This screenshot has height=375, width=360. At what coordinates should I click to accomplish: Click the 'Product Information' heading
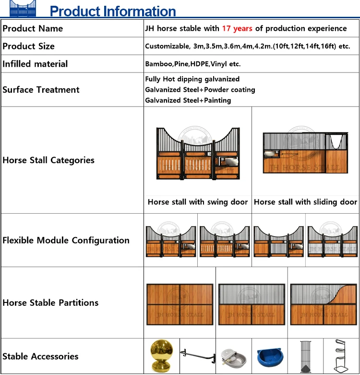[113, 11]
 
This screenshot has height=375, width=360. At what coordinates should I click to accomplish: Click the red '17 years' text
[237, 29]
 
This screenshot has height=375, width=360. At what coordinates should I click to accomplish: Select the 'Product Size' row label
[29, 47]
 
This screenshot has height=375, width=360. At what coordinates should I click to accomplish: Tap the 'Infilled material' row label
[35, 64]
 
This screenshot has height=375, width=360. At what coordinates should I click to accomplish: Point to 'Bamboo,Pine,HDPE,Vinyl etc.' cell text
[193, 64]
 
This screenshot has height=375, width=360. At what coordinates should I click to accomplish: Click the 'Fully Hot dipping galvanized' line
[192, 79]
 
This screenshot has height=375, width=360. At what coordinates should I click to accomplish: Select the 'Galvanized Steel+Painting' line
[188, 100]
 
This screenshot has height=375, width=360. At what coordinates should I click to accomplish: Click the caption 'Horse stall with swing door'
[198, 202]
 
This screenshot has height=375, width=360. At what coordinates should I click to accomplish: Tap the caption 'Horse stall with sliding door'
[306, 202]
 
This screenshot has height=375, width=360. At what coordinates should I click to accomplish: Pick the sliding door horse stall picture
[303, 153]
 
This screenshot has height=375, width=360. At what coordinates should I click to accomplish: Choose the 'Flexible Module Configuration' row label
[66, 241]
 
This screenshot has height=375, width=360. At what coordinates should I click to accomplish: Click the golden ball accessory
[162, 356]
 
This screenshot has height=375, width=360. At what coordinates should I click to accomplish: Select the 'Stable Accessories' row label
[40, 356]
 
